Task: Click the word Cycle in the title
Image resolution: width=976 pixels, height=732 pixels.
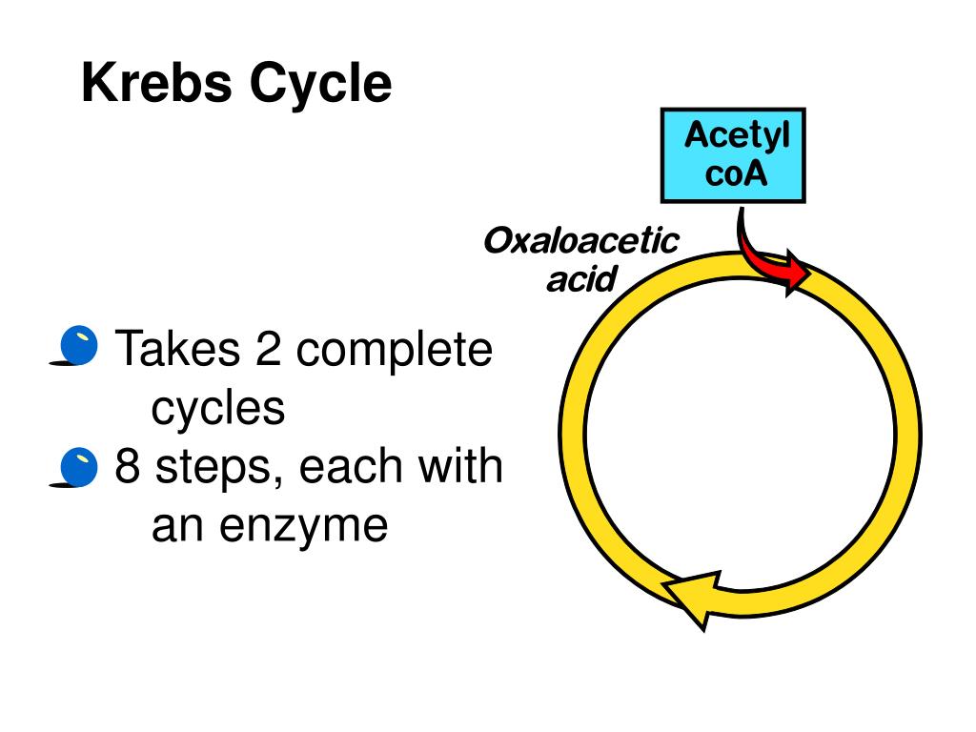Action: tap(321, 86)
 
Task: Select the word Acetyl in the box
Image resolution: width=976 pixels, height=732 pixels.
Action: tap(737, 136)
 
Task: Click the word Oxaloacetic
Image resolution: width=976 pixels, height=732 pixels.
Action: tap(580, 240)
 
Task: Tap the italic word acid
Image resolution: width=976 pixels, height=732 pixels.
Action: tap(580, 280)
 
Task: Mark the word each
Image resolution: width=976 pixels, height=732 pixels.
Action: tap(358, 467)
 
